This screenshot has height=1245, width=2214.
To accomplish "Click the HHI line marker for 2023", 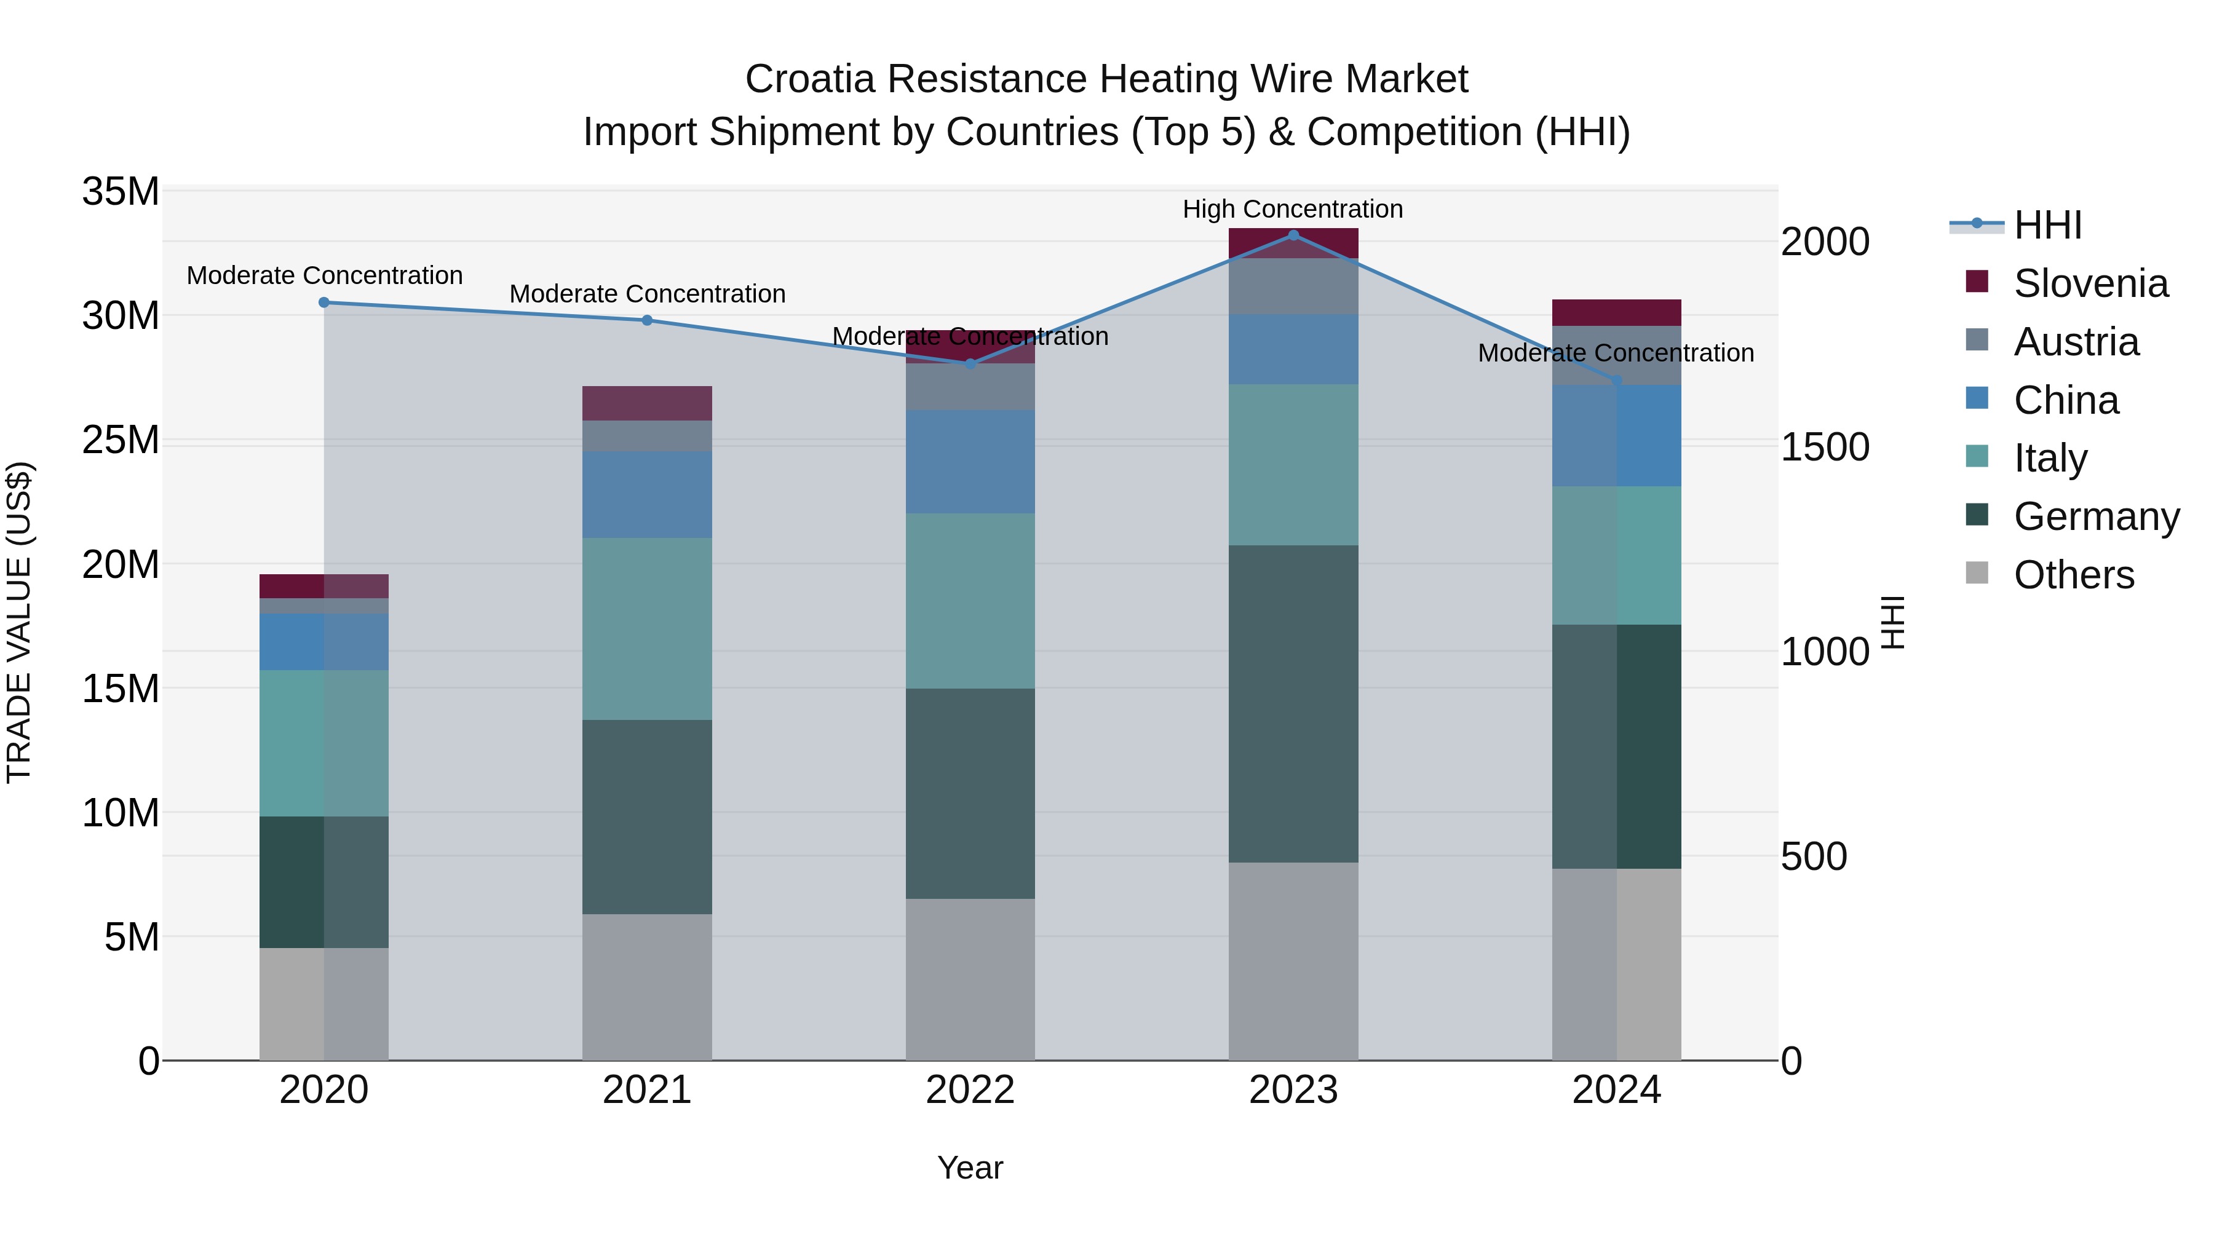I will click(x=1293, y=235).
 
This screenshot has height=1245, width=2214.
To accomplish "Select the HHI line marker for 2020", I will click(x=324, y=302).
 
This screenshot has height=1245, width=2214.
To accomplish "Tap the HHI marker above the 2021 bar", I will click(x=647, y=320).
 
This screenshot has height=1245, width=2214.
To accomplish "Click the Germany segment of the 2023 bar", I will click(x=1293, y=704).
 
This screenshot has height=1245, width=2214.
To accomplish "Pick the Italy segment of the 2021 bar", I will click(x=647, y=629).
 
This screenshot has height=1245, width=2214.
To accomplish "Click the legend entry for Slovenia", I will click(x=2090, y=283).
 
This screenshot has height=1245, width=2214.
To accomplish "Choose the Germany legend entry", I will click(x=2095, y=516).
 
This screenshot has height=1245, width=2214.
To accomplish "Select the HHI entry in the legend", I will click(x=2047, y=225).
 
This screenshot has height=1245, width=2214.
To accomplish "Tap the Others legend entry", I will click(x=2073, y=575).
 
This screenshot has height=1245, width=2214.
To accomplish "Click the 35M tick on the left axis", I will click(x=121, y=192).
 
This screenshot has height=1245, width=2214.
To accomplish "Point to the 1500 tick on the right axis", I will click(x=1824, y=447).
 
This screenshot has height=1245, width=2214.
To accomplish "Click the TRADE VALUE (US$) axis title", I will click(x=19, y=622).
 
